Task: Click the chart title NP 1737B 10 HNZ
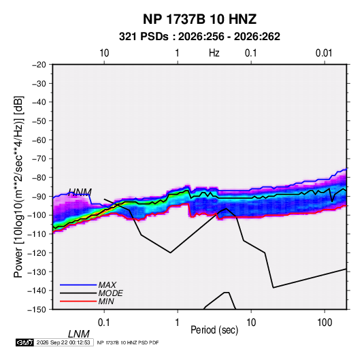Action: point(199,19)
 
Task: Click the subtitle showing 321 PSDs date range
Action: point(199,37)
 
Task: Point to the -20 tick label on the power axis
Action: point(39,65)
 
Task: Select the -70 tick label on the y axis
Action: point(39,159)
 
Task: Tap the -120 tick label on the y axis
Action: point(37,253)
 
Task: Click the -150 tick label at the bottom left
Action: point(37,310)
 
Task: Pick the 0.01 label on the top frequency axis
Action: point(324,53)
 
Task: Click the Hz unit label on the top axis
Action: point(214,53)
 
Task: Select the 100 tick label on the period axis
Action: point(325,323)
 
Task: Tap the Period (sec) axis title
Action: point(214,330)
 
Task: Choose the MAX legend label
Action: point(107,284)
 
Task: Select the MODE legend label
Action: point(110,293)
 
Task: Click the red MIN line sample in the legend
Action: point(78,301)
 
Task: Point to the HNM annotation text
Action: point(80,192)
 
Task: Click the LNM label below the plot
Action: point(79,334)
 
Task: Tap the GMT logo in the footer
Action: point(25,342)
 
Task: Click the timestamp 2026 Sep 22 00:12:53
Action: point(63,342)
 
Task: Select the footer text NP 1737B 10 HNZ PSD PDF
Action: point(128,343)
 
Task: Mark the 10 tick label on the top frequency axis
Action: point(104,53)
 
